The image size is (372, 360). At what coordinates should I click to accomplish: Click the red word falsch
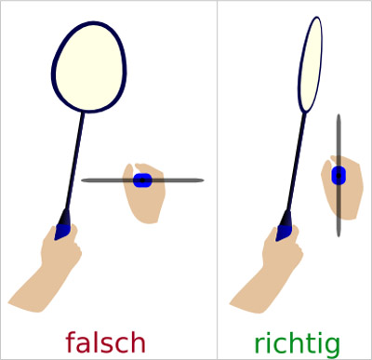[105, 342]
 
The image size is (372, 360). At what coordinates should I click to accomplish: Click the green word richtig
[296, 342]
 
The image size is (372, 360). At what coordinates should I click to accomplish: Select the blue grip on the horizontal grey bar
[142, 180]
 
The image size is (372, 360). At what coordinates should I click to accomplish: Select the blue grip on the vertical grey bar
[339, 175]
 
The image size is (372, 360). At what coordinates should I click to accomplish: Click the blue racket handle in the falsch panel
[63, 226]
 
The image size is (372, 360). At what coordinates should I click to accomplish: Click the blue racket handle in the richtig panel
[285, 225]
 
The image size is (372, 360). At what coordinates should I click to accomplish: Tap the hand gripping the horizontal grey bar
[144, 200]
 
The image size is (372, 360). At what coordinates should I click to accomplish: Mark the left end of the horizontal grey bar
[84, 180]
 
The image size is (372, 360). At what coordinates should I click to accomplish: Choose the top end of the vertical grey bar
[339, 117]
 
